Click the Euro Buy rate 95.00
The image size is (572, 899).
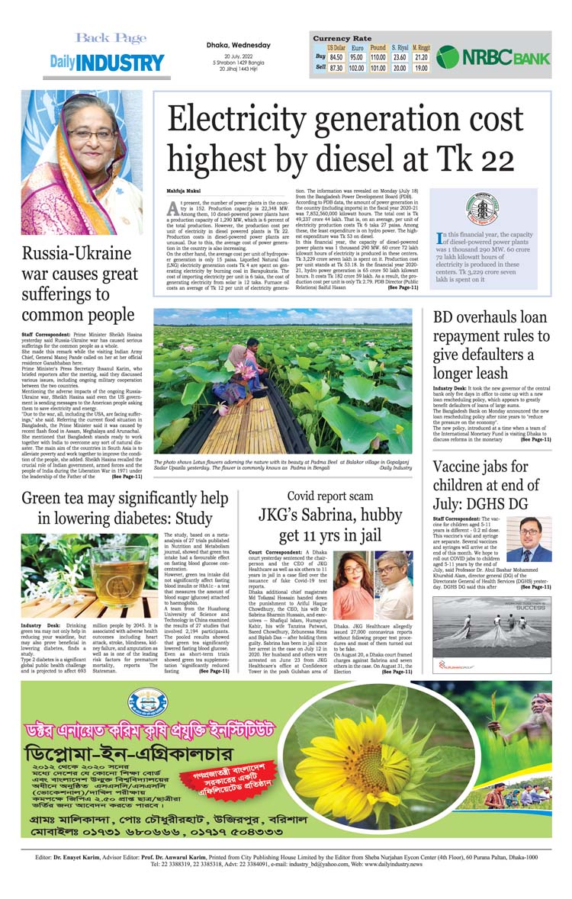pyautogui.click(x=356, y=57)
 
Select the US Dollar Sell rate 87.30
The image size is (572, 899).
pyautogui.click(x=336, y=68)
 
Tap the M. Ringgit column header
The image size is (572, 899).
pyautogui.click(x=421, y=47)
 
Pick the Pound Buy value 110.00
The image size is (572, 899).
pyautogui.click(x=378, y=57)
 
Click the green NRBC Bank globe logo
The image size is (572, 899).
pyautogui.click(x=448, y=57)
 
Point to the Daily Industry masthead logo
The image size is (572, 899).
pyautogui.click(x=107, y=63)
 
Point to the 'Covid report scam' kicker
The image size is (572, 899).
pyautogui.click(x=329, y=496)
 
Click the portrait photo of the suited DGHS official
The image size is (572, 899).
pyautogui.click(x=529, y=539)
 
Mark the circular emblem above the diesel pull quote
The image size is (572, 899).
pyautogui.click(x=482, y=209)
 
